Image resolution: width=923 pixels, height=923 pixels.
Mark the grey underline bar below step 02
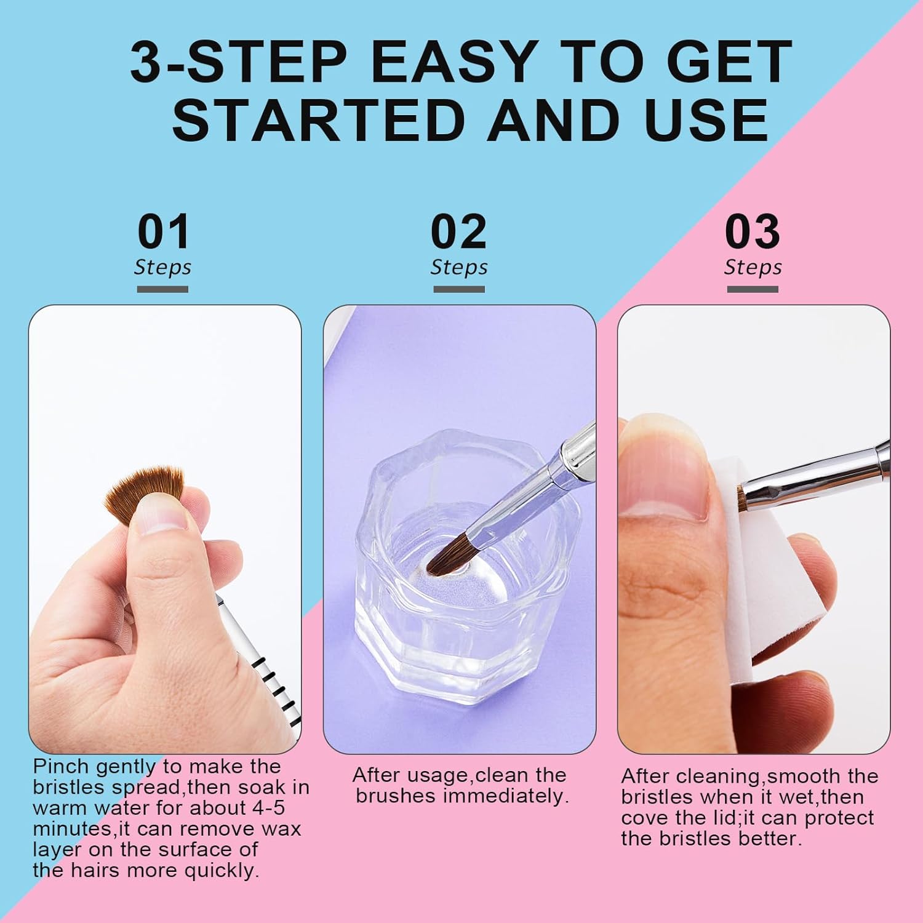[458, 289]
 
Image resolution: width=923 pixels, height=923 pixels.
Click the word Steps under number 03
[753, 268]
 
